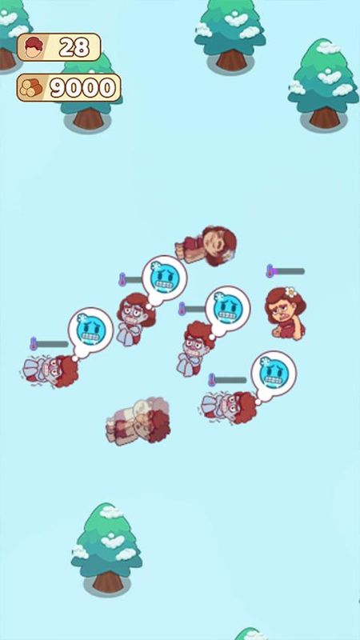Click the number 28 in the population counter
[74, 48]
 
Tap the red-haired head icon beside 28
[34, 47]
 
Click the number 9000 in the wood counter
[83, 87]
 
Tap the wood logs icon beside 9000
[32, 88]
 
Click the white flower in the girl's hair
[290, 292]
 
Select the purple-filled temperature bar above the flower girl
[286, 270]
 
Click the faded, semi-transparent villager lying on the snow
[138, 421]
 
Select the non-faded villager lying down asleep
[206, 246]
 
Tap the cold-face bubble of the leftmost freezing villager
[90, 330]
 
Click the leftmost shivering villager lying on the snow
[50, 371]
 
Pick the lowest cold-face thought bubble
[274, 374]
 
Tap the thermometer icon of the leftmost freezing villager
[33, 344]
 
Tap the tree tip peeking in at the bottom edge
[250, 634]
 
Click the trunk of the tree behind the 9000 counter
[89, 118]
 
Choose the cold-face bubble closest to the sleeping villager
[165, 278]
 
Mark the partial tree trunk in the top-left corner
[6, 58]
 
